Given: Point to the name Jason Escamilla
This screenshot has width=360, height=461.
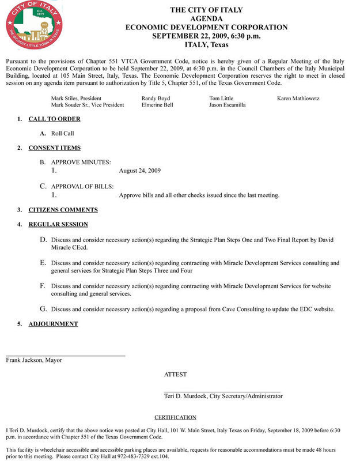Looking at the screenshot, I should coord(228,105).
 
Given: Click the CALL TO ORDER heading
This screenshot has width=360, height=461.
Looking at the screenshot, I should coord(54,119).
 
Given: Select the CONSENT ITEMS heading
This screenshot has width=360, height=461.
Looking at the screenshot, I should coord(54,148).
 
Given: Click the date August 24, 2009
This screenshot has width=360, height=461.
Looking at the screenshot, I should coord(139,171).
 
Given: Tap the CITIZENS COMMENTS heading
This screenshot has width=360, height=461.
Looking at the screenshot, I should coord(63,210).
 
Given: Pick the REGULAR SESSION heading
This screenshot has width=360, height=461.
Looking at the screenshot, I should coord(58,224).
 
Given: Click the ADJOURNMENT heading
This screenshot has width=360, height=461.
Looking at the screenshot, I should coord(53,324).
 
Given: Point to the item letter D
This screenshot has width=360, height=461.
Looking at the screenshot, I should coord(43,239).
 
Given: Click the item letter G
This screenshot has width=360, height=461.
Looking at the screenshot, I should coord(43,309).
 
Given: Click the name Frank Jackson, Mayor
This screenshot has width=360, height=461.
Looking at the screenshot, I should coord(34,360).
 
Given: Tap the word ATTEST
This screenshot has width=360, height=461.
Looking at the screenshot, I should coord(175,375).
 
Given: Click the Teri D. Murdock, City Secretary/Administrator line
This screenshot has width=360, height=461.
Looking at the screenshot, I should coord(223,396).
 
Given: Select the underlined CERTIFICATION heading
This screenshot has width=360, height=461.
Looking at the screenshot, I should coord(175,417).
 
